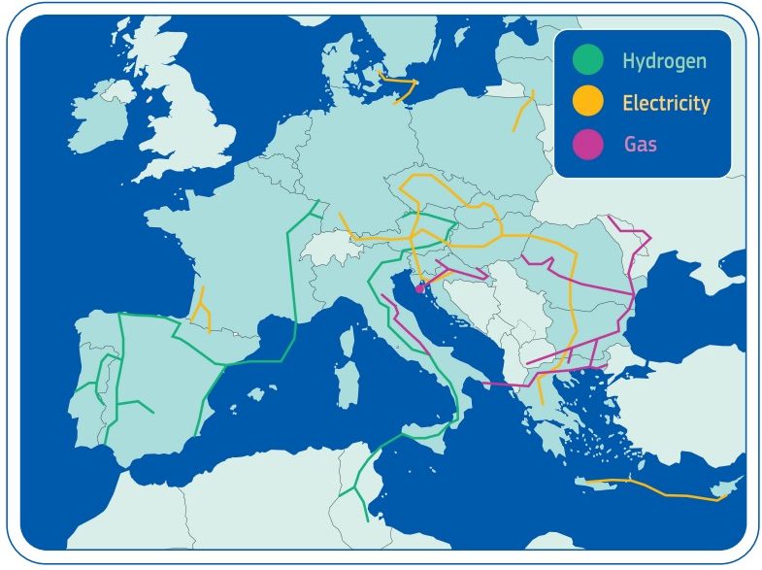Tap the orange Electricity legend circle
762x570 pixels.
tap(587, 101)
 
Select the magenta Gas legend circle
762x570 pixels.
tap(587, 144)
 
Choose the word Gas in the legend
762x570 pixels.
tap(641, 145)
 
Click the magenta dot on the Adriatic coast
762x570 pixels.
tap(419, 286)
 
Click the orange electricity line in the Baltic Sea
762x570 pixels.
tap(398, 88)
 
